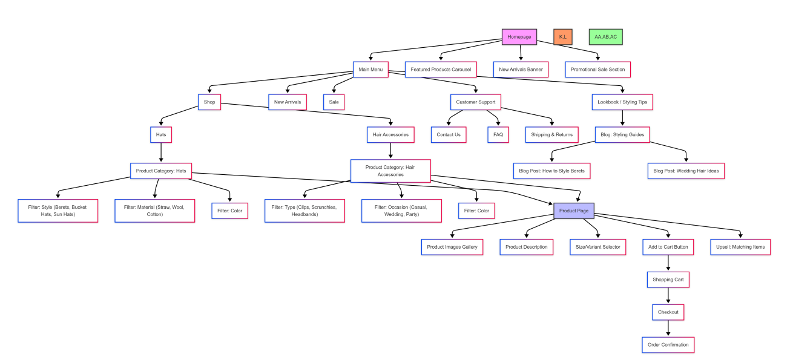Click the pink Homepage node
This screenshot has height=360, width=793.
(519, 37)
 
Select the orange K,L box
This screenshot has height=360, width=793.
(562, 37)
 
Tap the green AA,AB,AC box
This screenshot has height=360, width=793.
(605, 37)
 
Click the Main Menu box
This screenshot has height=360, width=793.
(370, 70)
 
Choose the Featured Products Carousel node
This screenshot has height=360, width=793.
(441, 70)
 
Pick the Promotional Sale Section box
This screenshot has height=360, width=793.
(597, 70)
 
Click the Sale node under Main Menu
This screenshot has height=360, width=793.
(334, 102)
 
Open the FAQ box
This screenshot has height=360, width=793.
(498, 135)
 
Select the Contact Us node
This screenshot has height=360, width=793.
(449, 135)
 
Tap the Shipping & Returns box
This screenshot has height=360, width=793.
(551, 135)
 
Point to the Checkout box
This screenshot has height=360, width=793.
(668, 312)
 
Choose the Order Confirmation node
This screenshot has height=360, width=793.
(668, 345)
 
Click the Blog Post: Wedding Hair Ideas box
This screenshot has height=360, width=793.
(686, 171)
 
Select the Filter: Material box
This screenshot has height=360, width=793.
(155, 211)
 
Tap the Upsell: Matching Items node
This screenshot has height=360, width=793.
(740, 247)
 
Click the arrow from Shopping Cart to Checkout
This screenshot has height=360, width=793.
(668, 296)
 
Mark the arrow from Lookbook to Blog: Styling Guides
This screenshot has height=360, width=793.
(622, 119)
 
